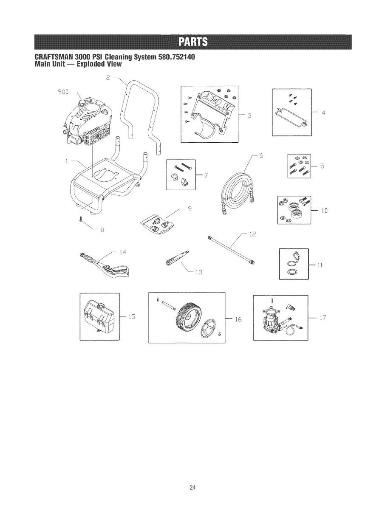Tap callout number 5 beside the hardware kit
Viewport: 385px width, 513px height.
[323, 166]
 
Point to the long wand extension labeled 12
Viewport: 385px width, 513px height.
[232, 250]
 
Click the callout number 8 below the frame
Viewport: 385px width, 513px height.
[102, 231]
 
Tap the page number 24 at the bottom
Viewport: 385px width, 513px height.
[192, 487]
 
